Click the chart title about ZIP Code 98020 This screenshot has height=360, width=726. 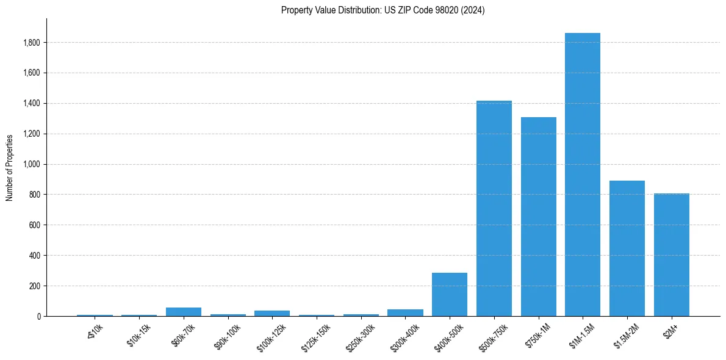click(x=383, y=10)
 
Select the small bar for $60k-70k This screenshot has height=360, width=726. click(x=184, y=312)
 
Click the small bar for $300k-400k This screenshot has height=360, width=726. click(x=405, y=312)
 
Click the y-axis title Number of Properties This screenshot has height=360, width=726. click(x=10, y=168)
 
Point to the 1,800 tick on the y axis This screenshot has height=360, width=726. click(x=32, y=43)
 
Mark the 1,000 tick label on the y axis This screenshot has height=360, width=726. click(x=32, y=164)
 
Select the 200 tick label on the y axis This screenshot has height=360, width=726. click(x=35, y=286)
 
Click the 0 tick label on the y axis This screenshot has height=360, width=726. click(x=39, y=316)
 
